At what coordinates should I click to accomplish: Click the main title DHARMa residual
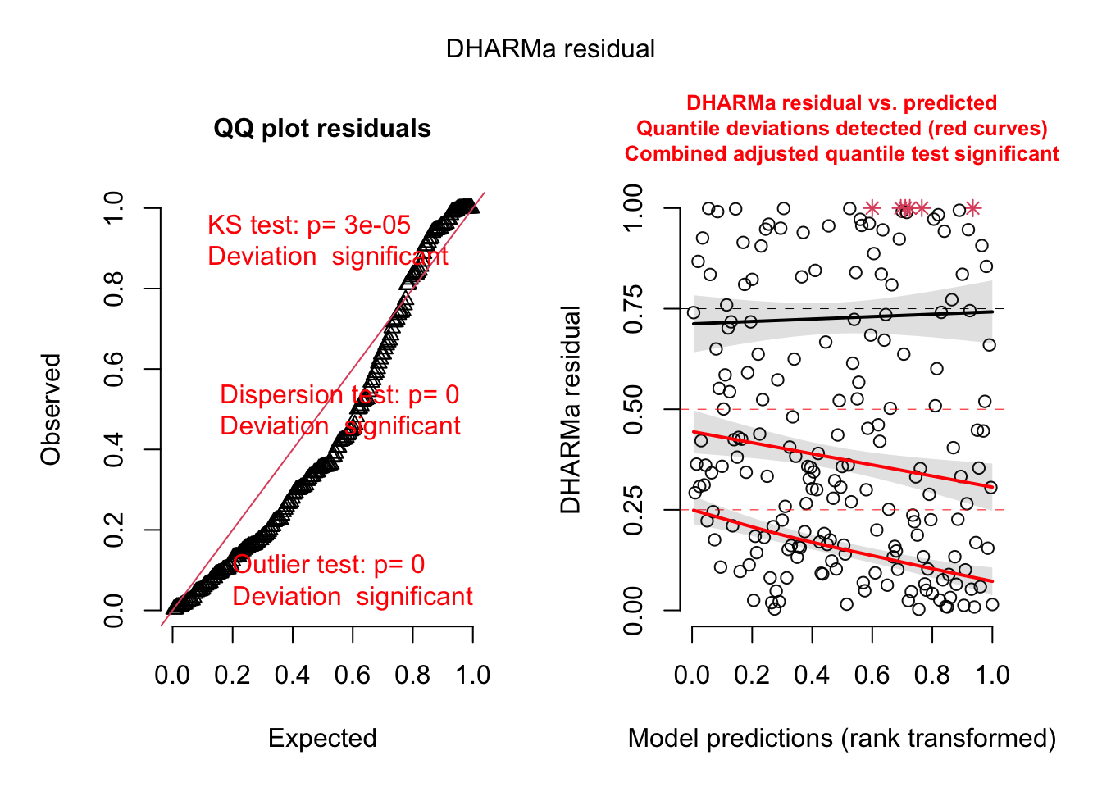pos(550,49)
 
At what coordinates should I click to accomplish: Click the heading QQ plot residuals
pos(322,129)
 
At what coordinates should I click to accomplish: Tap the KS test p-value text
pos(309,225)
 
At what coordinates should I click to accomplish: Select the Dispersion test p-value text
pos(339,395)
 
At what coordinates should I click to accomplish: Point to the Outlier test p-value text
pos(329,565)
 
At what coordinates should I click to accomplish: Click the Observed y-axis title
pos(51,409)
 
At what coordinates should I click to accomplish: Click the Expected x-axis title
pos(322,739)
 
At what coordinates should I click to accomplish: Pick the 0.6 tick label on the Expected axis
pos(353,676)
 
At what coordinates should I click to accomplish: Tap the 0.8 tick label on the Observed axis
pos(114,289)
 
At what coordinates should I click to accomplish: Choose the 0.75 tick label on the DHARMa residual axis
pos(633,309)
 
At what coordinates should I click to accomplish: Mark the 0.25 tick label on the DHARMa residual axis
pos(633,510)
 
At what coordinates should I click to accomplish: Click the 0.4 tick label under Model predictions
pos(812,676)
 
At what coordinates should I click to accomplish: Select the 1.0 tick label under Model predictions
pos(992,676)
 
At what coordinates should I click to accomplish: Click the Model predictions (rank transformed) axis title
pos(842,739)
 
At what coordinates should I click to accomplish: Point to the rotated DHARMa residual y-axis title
pos(571,409)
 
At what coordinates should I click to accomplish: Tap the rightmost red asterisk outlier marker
pos(972,208)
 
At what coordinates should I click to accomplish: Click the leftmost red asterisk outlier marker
pos(872,208)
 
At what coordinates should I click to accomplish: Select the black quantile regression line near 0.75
pos(842,317)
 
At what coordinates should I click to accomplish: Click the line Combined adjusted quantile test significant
pos(842,154)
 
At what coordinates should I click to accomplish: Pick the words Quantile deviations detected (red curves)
pos(842,129)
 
